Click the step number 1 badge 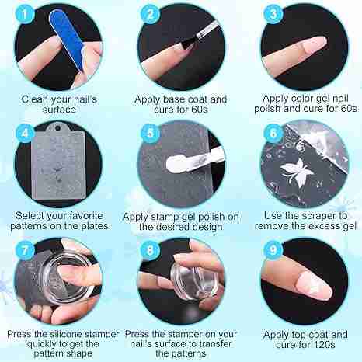pyautogui.click(x=25, y=14)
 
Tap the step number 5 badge pyautogui.click(x=150, y=134)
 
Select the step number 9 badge pyautogui.click(x=273, y=250)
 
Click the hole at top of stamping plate pyautogui.click(x=57, y=128)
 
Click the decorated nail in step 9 pyautogui.click(x=314, y=287)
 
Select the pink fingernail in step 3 pyautogui.click(x=314, y=45)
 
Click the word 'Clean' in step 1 pyautogui.click(x=35, y=99)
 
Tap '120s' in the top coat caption pyautogui.click(x=323, y=345)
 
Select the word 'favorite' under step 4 pyautogui.click(x=85, y=216)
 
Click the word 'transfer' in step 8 pyautogui.click(x=214, y=344)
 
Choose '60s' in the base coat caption pyautogui.click(x=200, y=110)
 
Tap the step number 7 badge pyautogui.click(x=25, y=250)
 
